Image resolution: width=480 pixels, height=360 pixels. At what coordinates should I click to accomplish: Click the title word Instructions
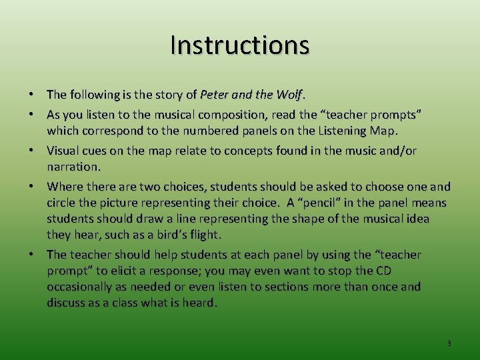point(240,45)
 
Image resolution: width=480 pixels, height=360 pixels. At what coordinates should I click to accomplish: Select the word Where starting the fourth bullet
point(65,187)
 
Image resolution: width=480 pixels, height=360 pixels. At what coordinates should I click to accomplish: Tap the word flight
point(204,235)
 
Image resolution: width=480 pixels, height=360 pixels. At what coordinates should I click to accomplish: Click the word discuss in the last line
point(67,303)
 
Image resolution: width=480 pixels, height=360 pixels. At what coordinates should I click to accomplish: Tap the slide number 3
point(448,343)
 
